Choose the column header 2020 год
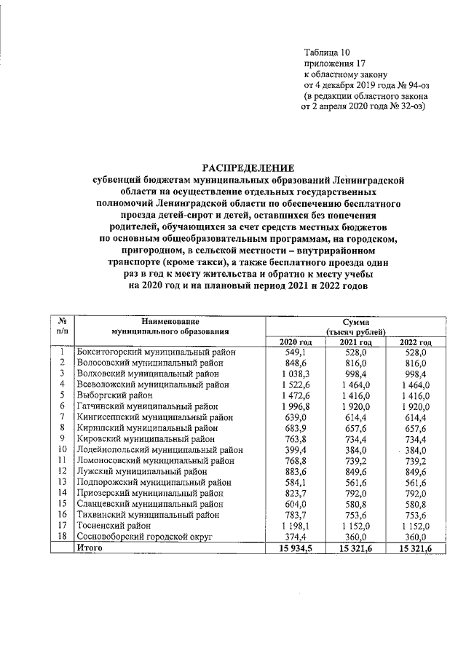[296, 342]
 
